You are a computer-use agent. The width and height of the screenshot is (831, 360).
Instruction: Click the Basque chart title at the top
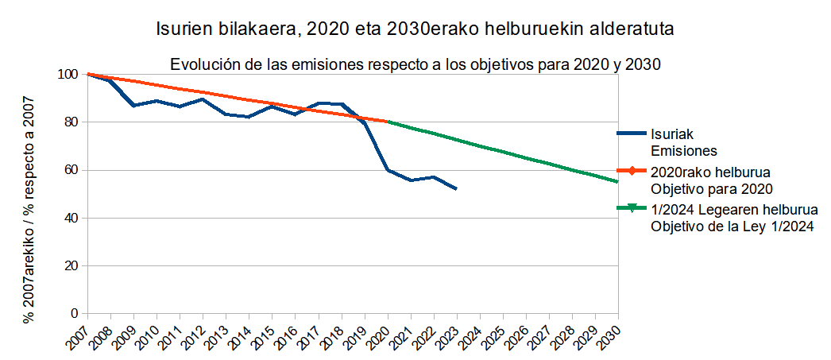click(415, 30)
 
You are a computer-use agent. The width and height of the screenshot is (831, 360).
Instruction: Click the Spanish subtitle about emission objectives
click(415, 64)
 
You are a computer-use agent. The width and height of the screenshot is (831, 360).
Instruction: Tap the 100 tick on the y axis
click(68, 75)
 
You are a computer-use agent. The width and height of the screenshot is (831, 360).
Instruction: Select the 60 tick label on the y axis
click(70, 170)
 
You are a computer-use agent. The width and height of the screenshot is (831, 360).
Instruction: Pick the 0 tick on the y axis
click(73, 313)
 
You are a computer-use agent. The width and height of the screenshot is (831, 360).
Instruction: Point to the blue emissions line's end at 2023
click(456, 188)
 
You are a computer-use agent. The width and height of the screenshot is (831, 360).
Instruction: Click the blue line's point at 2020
click(387, 170)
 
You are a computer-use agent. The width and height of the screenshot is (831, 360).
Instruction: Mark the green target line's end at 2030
click(617, 182)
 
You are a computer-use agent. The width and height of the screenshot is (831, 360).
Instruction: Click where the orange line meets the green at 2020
click(387, 122)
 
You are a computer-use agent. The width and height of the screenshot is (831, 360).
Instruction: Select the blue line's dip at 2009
click(133, 105)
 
